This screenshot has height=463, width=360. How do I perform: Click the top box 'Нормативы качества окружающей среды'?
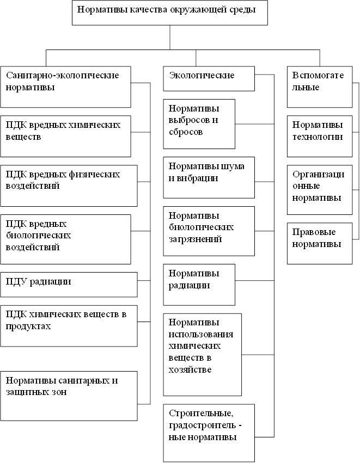169,13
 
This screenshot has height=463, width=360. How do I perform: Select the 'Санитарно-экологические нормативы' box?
65,87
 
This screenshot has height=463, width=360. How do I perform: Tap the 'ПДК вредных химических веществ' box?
65,136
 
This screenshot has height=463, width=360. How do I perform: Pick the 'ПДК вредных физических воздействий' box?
69,186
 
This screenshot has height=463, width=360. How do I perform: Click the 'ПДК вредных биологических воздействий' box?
65,239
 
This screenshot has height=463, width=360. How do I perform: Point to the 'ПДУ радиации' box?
69,285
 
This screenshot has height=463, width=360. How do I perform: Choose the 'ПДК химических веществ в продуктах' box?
69,325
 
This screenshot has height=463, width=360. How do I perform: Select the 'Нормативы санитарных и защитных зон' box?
69,395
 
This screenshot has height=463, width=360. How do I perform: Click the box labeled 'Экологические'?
209,79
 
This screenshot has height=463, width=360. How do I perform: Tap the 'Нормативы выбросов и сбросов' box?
199,124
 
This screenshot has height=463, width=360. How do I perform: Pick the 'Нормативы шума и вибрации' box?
209,177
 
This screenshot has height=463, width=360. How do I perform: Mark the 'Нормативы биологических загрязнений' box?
209,231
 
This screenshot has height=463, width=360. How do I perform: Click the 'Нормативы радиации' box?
199,285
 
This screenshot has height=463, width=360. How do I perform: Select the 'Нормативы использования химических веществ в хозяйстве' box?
202,354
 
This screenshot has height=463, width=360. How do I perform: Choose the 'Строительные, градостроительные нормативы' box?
209,433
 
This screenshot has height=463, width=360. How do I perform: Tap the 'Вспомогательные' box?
319,87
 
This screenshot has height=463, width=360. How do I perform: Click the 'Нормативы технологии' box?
319,135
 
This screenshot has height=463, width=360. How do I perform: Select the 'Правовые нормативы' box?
319,243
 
